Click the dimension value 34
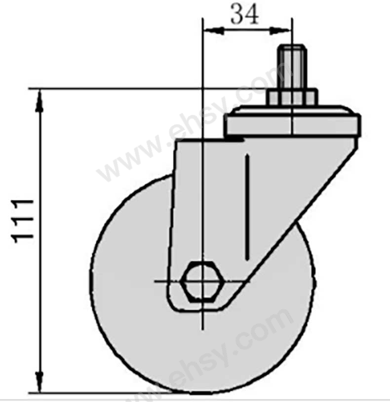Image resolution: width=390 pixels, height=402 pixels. click(244, 14)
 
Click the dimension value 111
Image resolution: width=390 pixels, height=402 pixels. click(23, 220)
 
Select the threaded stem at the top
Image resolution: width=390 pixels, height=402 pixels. click(292, 67)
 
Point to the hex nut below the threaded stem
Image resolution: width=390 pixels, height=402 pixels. click(292, 98)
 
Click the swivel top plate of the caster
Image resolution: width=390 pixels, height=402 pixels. click(292, 120)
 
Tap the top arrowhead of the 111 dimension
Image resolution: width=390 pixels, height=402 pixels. click(39, 101)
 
